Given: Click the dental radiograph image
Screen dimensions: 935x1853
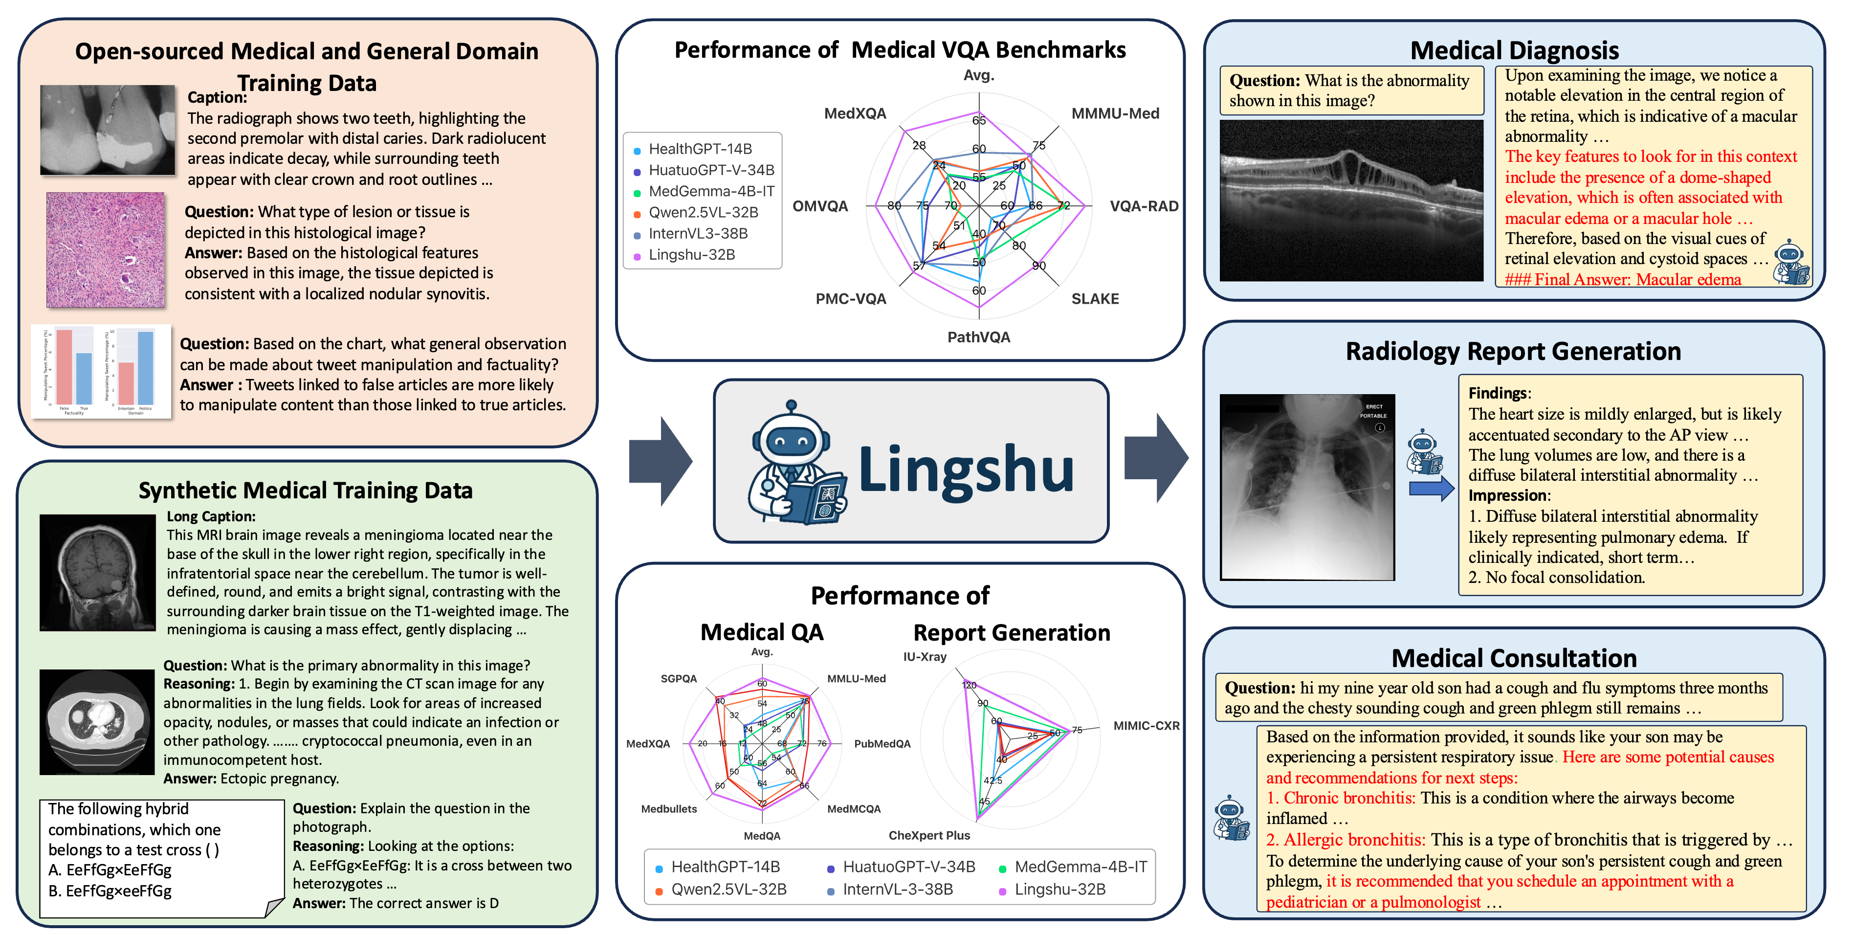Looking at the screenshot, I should tap(107, 130).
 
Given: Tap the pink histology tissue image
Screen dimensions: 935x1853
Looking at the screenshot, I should tap(106, 249).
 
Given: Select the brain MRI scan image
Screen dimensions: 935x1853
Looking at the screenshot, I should tap(97, 573).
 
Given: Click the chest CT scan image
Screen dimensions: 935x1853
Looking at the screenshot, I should tap(97, 721).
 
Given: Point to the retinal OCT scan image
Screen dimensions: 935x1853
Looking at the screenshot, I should tap(1351, 200).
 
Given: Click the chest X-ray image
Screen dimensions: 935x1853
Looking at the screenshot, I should tap(1307, 487).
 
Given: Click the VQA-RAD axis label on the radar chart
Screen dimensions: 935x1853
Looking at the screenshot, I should tap(1144, 206).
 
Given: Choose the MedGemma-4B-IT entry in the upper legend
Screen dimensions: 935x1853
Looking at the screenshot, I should tap(711, 191).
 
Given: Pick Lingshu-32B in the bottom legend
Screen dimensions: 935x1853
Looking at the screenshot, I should tap(1059, 890).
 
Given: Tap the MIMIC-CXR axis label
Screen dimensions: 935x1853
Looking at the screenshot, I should tap(1146, 726).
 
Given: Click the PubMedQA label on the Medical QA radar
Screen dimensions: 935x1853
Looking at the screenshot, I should tap(882, 744).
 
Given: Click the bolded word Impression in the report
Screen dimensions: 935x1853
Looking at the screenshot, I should tap(1508, 495).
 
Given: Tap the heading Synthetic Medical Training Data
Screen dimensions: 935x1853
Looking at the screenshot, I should tap(306, 490).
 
